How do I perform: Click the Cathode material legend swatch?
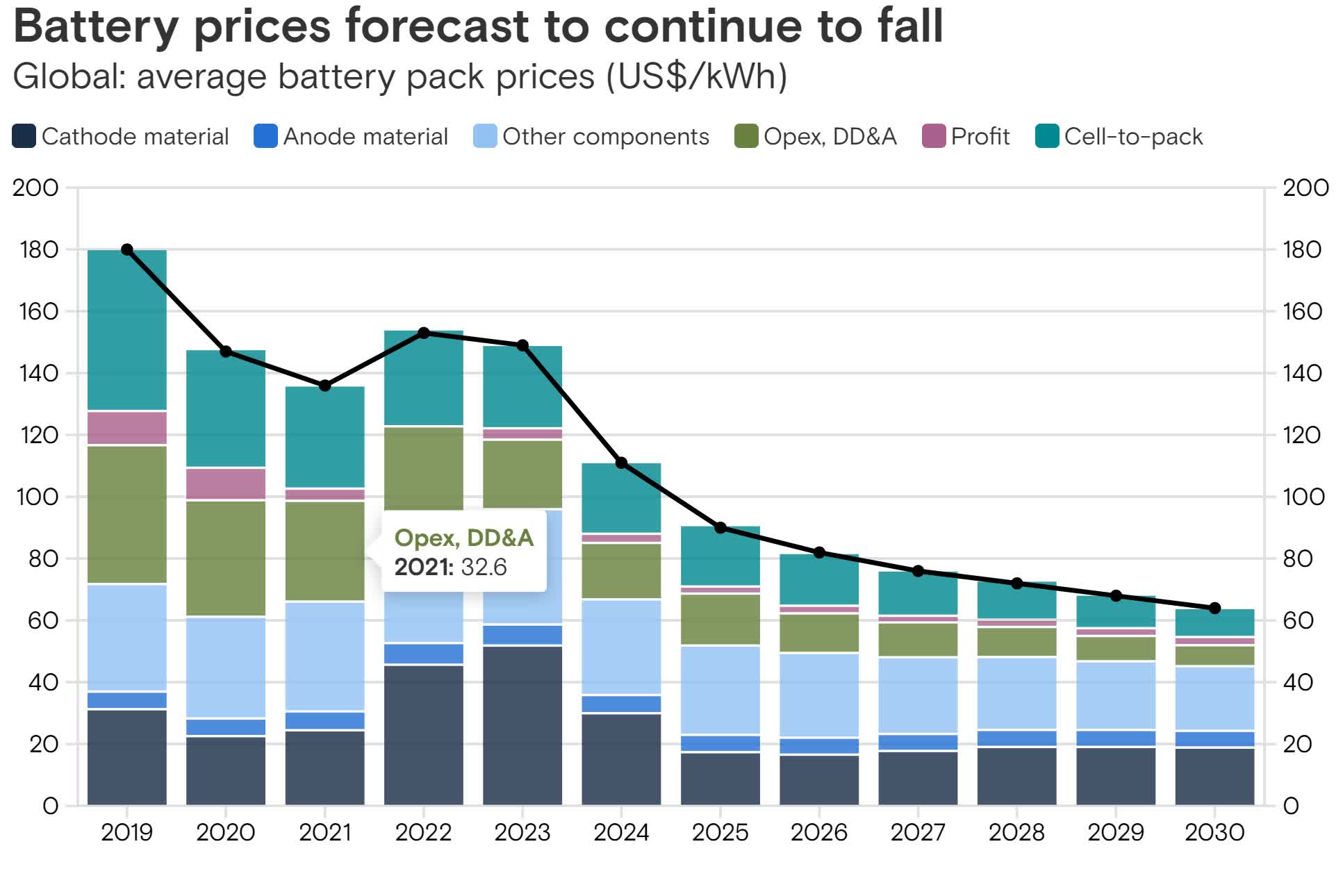24,136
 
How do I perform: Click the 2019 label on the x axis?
126,831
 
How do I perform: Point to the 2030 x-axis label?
1214,831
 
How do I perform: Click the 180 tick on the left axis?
39,249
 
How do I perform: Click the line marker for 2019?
127,249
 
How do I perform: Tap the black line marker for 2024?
622,463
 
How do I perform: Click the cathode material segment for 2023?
522,726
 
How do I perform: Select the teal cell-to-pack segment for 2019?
127,330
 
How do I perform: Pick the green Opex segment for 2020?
226,558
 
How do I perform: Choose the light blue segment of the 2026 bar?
819,695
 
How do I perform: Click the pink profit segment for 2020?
226,483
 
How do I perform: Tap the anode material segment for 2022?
424,654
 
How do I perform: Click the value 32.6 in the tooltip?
484,567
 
